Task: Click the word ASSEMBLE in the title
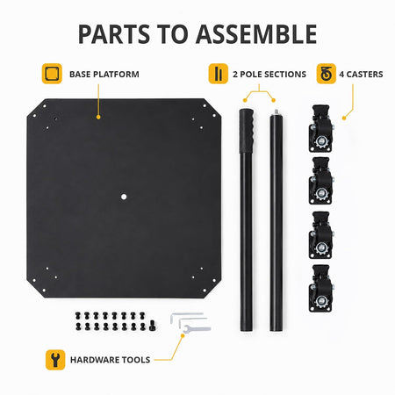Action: pyautogui.click(x=256, y=34)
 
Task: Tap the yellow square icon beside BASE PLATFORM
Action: pyautogui.click(x=52, y=74)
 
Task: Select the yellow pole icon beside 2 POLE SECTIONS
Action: pyautogui.click(x=219, y=74)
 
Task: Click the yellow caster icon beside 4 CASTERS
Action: pyautogui.click(x=327, y=74)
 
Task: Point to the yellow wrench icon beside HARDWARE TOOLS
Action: pyautogui.click(x=55, y=360)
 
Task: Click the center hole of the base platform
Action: pyautogui.click(x=124, y=197)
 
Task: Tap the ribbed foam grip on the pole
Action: pyautogui.click(x=247, y=131)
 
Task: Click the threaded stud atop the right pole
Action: pyautogui.click(x=276, y=111)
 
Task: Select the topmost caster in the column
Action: pyautogui.click(x=321, y=128)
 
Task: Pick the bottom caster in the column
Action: pyautogui.click(x=321, y=288)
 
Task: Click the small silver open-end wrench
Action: pyautogui.click(x=197, y=328)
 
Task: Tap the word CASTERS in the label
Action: pyautogui.click(x=364, y=75)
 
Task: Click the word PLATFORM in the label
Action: pyautogui.click(x=116, y=75)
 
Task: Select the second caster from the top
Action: pyautogui.click(x=321, y=181)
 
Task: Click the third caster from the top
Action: pyautogui.click(x=321, y=235)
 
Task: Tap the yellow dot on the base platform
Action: pyautogui.click(x=98, y=117)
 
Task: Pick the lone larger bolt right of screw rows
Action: pyautogui.click(x=153, y=326)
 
